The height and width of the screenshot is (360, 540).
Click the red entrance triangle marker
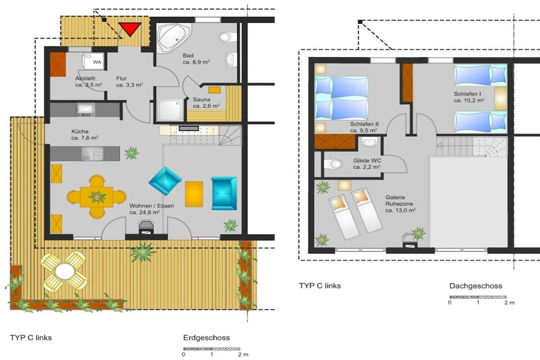130,28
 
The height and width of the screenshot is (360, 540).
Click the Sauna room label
201,100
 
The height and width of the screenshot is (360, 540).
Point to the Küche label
80,131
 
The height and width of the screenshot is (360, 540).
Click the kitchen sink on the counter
92,153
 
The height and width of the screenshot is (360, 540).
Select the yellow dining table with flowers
97,197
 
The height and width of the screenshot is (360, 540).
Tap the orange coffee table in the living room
194,194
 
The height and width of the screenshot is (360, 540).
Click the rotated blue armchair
165,181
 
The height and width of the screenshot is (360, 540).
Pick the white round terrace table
64,271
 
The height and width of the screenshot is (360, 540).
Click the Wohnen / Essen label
151,206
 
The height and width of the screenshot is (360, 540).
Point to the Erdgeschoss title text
206,338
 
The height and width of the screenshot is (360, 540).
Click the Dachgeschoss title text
476,286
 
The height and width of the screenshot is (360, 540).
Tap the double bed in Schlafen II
342,98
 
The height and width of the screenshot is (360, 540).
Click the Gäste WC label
367,160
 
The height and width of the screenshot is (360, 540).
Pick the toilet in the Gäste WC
333,164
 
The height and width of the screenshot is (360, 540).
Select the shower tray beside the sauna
170,110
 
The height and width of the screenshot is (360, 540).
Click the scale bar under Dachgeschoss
478,297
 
